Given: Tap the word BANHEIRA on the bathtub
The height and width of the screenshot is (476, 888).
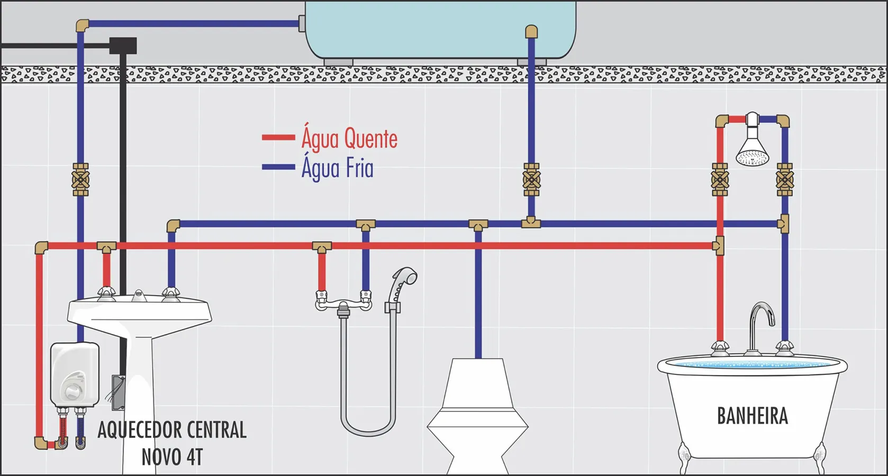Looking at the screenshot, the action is coord(753,416).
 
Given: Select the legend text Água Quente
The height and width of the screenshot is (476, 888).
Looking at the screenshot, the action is coord(349,138).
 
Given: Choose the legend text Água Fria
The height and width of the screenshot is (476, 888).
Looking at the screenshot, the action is coord(337,168).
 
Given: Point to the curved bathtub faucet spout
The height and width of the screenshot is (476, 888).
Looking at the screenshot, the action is coord(761,327).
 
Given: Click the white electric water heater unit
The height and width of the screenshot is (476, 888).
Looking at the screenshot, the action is coord(75,374).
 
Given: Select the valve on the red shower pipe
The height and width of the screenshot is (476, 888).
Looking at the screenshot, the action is coord(720,180).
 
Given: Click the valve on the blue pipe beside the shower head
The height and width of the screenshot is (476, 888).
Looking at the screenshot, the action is coord(784,180).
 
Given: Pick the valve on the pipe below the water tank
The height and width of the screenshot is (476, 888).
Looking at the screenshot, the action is coord(531,180).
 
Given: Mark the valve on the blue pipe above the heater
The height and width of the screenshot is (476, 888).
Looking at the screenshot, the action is coord(80,180).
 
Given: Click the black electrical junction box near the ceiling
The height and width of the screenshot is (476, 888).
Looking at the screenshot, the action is coord(123,45).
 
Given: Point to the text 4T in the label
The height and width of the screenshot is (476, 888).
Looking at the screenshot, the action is coord(194,457).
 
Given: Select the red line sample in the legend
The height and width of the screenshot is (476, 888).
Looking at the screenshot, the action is coord(278,138).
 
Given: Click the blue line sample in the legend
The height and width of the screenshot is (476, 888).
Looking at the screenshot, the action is coord(278,167).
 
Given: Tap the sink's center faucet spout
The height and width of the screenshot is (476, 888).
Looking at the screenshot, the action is coord(138,295).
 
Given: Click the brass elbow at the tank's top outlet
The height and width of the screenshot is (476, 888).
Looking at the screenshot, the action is coord(531,31).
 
